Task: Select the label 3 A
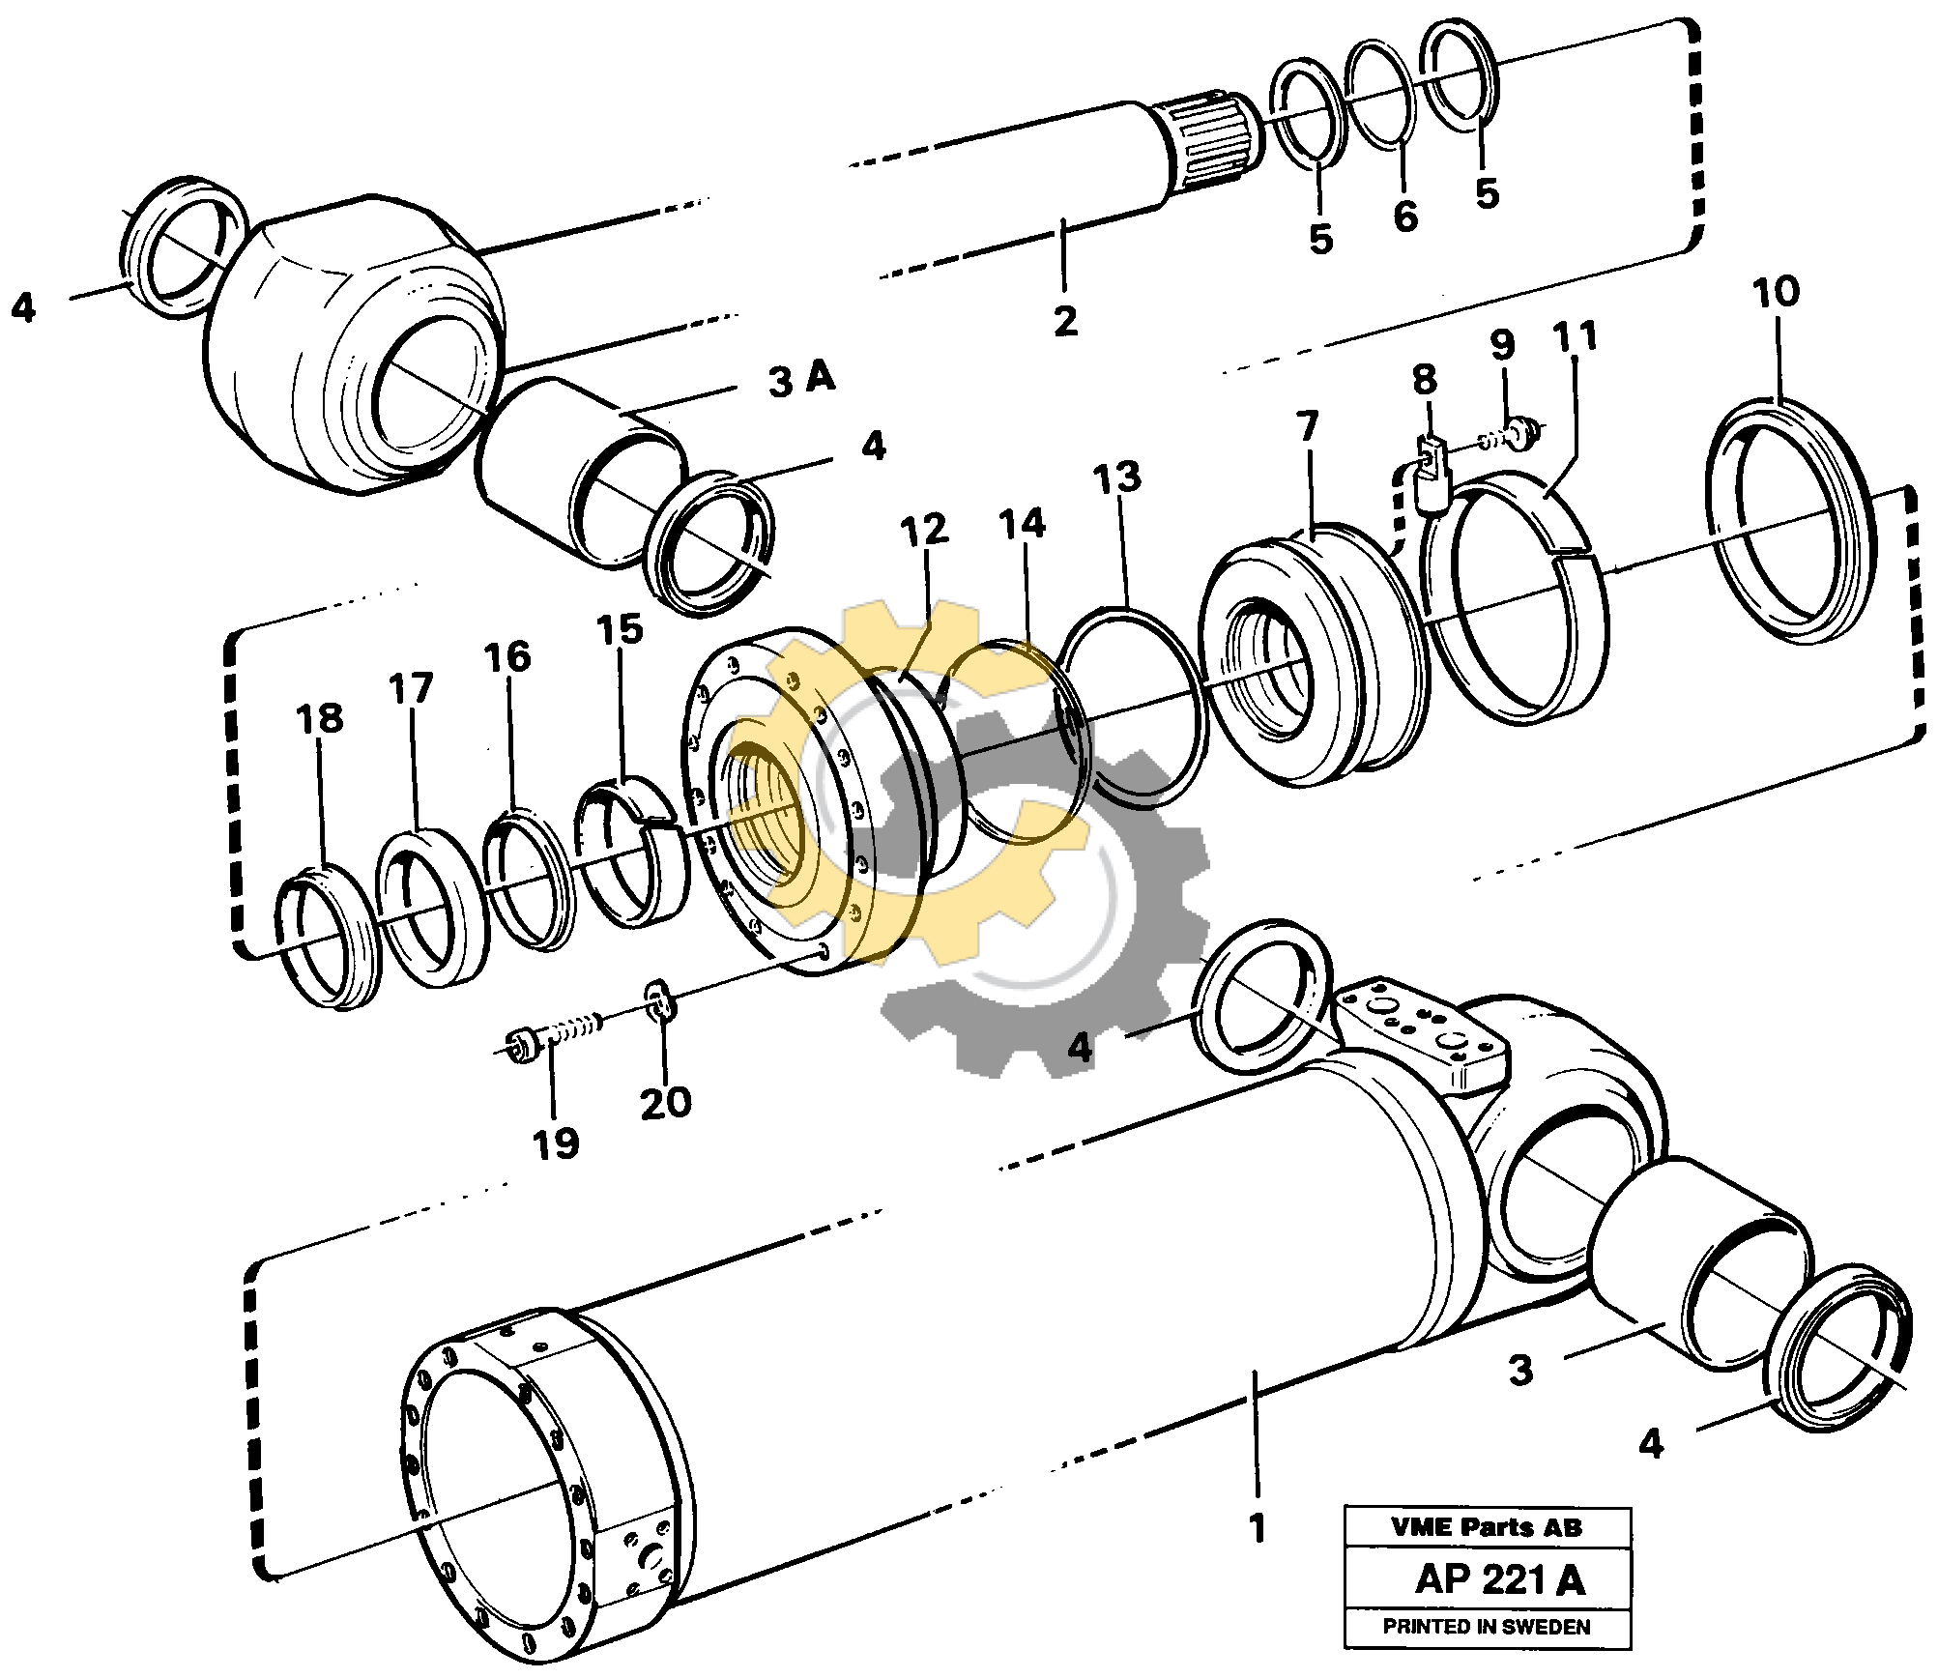point(801,380)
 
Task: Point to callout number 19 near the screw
point(556,1143)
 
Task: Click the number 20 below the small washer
point(666,1103)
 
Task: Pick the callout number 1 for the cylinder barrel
point(1257,1529)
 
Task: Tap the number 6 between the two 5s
point(1404,217)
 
